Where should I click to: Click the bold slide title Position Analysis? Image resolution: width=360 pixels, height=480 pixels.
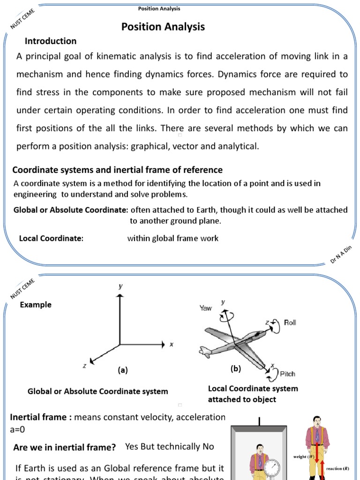click(x=163, y=27)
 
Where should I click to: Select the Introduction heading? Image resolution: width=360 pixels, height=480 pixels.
click(x=51, y=41)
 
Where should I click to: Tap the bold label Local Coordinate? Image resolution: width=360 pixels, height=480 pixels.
click(x=51, y=239)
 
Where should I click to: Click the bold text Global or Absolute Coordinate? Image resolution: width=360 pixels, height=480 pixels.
click(x=71, y=210)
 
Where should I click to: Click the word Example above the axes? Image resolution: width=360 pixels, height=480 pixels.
click(x=36, y=305)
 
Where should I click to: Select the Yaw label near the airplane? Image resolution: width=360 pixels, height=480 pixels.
click(x=206, y=308)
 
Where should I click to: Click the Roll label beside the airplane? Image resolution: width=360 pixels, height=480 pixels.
click(x=290, y=322)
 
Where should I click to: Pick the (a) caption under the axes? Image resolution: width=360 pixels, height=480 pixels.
click(x=123, y=370)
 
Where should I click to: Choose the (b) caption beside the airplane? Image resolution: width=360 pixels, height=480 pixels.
click(x=236, y=369)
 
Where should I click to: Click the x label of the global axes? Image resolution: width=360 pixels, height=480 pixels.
click(x=172, y=345)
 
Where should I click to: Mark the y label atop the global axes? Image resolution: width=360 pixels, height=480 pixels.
click(x=120, y=285)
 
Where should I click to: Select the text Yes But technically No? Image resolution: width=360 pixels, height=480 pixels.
click(x=170, y=447)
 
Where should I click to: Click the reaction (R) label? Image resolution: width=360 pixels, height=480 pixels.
click(x=337, y=468)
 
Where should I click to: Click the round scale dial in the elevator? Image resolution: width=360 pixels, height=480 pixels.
click(x=273, y=464)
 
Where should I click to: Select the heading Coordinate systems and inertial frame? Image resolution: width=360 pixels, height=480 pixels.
click(x=117, y=170)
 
